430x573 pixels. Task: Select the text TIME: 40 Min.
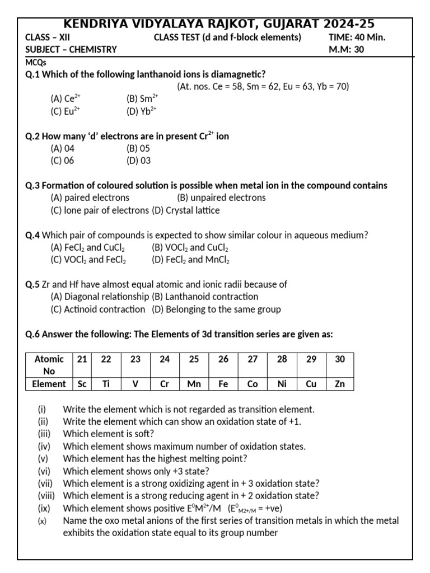tap(357, 37)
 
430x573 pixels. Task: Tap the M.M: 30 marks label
tap(347, 49)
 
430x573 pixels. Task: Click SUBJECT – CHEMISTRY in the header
tap(71, 49)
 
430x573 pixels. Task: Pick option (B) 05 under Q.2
tap(138, 148)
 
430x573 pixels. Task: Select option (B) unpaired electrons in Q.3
tap(221, 198)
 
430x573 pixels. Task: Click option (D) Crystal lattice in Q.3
tap(185, 210)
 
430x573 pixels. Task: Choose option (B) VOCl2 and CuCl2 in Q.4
tap(190, 247)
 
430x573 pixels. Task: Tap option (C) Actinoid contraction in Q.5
tap(97, 309)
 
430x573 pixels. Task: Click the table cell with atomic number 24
tap(165, 359)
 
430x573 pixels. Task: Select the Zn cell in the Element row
tap(340, 384)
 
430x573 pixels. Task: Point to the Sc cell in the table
tap(82, 384)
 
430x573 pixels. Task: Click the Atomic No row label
tap(49, 365)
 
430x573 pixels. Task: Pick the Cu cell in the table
tap(311, 384)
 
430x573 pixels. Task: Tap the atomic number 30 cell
tap(340, 359)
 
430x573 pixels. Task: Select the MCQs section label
tap(36, 62)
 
